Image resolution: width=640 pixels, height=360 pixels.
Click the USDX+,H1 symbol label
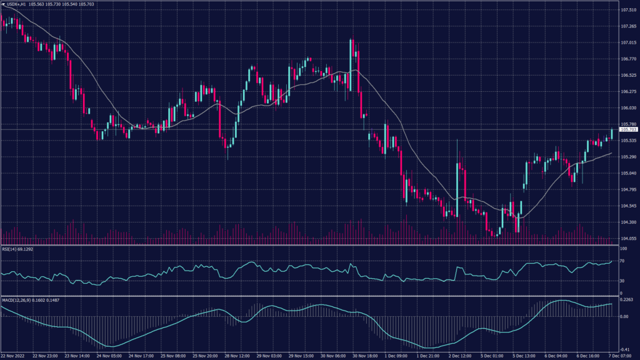click(x=14, y=4)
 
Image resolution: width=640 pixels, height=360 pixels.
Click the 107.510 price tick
click(x=628, y=11)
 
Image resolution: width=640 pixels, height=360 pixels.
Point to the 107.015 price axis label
click(x=628, y=42)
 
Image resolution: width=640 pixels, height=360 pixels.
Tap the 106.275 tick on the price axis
click(x=628, y=92)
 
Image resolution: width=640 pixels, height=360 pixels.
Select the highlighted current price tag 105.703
click(x=627, y=129)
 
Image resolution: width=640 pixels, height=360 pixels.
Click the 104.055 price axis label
click(x=628, y=238)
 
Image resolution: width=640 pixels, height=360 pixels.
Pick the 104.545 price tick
click(x=628, y=206)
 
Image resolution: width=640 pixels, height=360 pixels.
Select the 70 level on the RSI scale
click(x=622, y=261)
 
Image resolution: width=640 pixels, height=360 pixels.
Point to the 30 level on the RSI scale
click(x=622, y=281)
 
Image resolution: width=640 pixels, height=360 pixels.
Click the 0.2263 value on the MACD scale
click(x=627, y=299)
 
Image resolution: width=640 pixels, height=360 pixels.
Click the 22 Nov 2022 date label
click(x=12, y=356)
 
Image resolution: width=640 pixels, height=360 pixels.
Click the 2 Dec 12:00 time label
click(x=460, y=356)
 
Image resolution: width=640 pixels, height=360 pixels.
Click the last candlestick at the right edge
click(x=612, y=132)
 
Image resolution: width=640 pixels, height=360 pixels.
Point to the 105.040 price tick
click(x=628, y=173)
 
